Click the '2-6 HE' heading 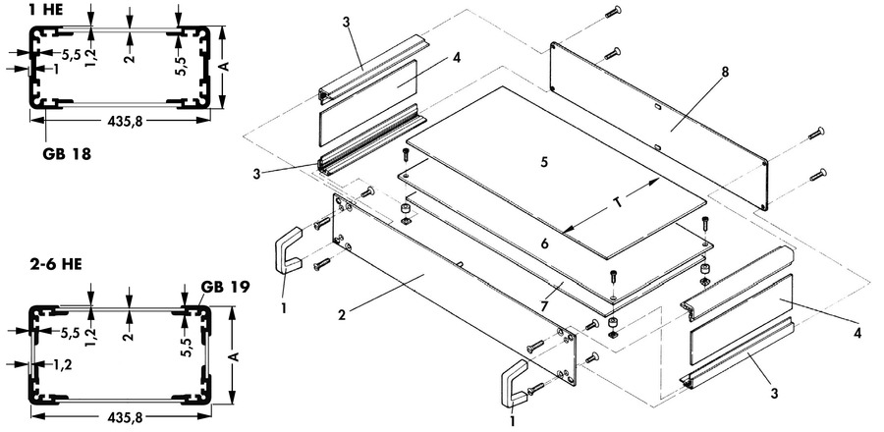tap(56, 264)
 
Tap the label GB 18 tap(67, 154)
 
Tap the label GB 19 tap(225, 286)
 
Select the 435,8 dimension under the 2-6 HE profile tap(124, 417)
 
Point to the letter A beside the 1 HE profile tap(225, 67)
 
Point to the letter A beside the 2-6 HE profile tap(236, 356)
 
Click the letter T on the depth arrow tap(619, 203)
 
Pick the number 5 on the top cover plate tap(544, 162)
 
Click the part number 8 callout tap(725, 72)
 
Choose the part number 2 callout tap(342, 314)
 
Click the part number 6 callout tap(544, 243)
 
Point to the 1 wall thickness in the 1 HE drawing tap(55, 68)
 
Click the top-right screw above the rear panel tap(613, 11)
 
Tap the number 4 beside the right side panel tap(857, 333)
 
